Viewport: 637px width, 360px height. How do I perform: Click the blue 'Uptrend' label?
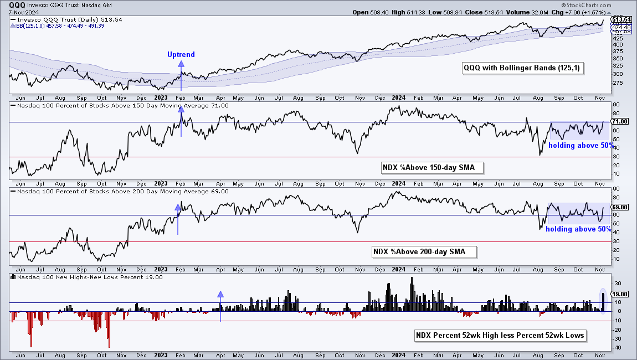pyautogui.click(x=181, y=54)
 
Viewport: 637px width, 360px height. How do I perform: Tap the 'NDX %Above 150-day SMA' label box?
pyautogui.click(x=432, y=167)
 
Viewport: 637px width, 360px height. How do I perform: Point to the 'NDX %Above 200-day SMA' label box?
pyautogui.click(x=424, y=251)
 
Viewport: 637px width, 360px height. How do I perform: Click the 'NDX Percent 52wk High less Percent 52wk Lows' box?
pyautogui.click(x=500, y=335)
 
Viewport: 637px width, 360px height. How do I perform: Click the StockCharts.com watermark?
pyautogui.click(x=586, y=6)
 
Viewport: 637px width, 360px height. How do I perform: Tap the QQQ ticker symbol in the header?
pyautogui.click(x=17, y=6)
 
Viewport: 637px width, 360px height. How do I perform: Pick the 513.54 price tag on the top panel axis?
pyautogui.click(x=621, y=19)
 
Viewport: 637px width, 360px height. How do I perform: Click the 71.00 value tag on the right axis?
pyautogui.click(x=620, y=121)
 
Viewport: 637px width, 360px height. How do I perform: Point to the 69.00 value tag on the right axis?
pyautogui.click(x=620, y=207)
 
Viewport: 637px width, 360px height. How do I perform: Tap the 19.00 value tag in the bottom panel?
pyautogui.click(x=620, y=294)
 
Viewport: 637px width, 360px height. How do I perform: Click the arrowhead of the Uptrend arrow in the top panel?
pyautogui.click(x=181, y=64)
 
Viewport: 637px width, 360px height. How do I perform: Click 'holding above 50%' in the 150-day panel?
pyautogui.click(x=581, y=146)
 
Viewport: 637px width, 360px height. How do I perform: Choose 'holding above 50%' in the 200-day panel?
pyautogui.click(x=578, y=229)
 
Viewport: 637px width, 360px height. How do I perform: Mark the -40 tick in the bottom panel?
pyautogui.click(x=617, y=347)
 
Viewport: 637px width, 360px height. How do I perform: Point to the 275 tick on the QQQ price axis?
pyautogui.click(x=618, y=83)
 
